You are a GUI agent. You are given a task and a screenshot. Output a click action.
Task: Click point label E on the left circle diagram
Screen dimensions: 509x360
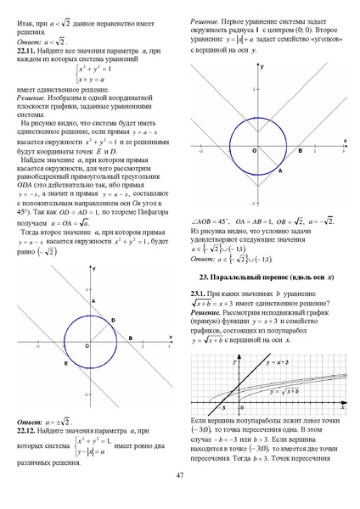(x=65, y=363)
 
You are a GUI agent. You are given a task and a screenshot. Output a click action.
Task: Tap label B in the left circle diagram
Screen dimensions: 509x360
(x=129, y=338)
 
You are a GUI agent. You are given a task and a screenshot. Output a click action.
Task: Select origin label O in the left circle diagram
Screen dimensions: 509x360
(x=87, y=347)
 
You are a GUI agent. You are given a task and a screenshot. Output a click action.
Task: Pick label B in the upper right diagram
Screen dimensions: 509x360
(x=300, y=150)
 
